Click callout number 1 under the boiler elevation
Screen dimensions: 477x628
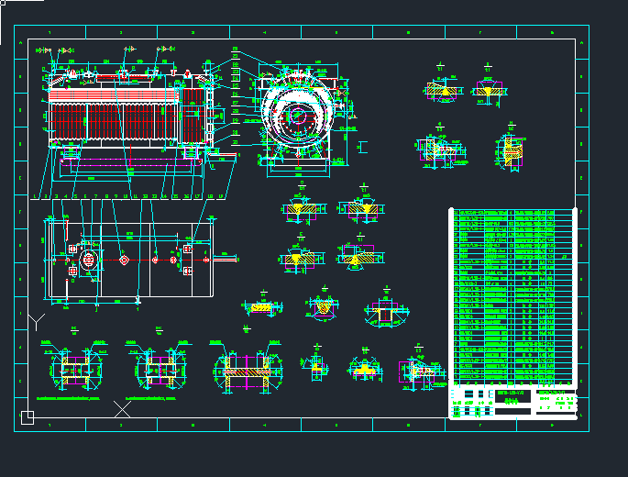tap(35, 196)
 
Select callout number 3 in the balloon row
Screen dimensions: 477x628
tap(55, 196)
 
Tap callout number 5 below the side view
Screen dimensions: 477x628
tap(75, 196)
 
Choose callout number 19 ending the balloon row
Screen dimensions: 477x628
tap(221, 196)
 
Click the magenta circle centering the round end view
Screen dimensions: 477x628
tap(296, 116)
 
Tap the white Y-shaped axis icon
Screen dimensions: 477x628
tap(36, 321)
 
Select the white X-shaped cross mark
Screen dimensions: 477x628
tap(122, 408)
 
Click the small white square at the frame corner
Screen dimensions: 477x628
tap(28, 417)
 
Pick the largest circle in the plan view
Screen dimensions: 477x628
tap(89, 260)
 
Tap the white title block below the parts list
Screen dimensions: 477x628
tap(513, 402)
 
